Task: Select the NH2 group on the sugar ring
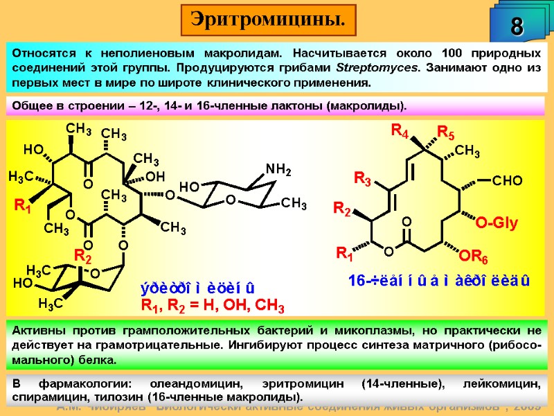coord(278,169)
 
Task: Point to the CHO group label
coord(508,181)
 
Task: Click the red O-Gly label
coord(496,223)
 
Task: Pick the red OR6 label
coord(474,258)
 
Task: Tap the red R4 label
coord(400,130)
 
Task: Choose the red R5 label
coord(445,132)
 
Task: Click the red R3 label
coord(363,180)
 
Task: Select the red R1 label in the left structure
coord(23,205)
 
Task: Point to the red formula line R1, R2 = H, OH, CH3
coord(213,305)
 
